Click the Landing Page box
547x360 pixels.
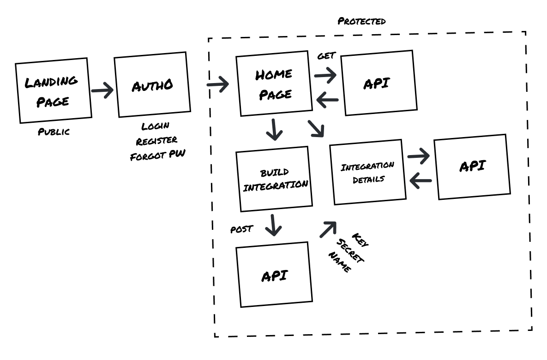(x=53, y=90)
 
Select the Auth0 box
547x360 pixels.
(x=152, y=84)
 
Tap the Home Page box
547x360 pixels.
(x=274, y=84)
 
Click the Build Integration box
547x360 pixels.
(x=275, y=179)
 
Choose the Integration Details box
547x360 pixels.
(x=368, y=172)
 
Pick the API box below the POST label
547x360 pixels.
(x=274, y=275)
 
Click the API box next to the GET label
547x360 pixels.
(x=377, y=83)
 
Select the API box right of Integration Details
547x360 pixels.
(x=472, y=167)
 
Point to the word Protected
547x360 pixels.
(x=361, y=21)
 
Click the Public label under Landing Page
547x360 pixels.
(x=54, y=132)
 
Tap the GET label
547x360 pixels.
(x=326, y=56)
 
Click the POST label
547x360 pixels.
(x=241, y=229)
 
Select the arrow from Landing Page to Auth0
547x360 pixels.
(x=102, y=90)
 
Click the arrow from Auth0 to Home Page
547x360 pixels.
(x=217, y=84)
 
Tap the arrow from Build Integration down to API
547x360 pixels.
(x=274, y=225)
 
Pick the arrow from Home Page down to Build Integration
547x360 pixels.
(x=275, y=130)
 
